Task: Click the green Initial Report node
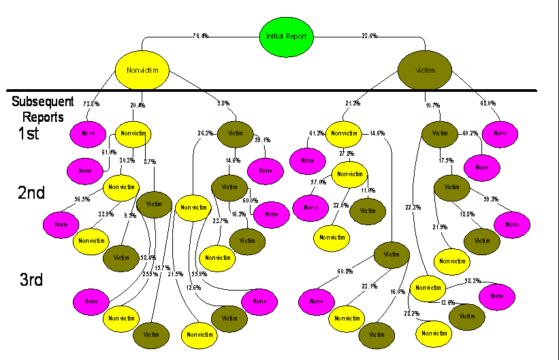pos(287,36)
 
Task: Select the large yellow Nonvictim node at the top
pos(142,69)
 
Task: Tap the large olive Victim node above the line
pos(425,69)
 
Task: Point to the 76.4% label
pos(200,36)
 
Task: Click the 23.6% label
pos(370,36)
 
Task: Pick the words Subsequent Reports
pos(42,109)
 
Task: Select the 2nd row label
pos(31,193)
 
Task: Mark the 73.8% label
pos(91,104)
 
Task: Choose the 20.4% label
pos(137,105)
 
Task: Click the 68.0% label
pos(488,104)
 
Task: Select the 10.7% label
pos(433,105)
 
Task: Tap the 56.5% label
pos(82,200)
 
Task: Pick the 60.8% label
pos(345,272)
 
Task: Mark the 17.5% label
pos(446,161)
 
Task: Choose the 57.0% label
pos(318,182)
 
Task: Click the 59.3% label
pos(490,199)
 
